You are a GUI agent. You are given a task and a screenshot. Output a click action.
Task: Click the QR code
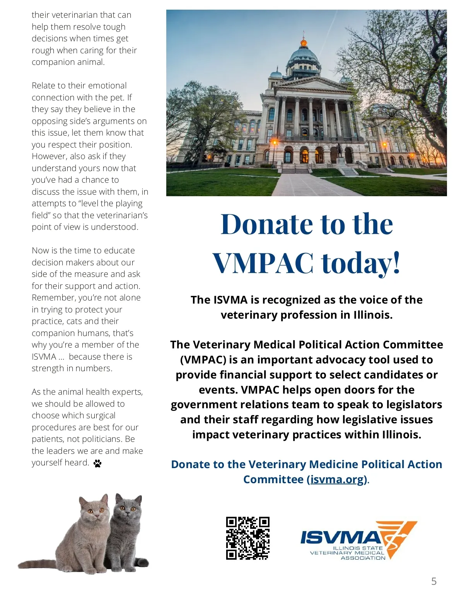coord(247,538)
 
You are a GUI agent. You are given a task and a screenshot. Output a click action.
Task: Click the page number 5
coord(434,581)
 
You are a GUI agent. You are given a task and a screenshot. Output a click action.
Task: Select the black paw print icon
coord(97,463)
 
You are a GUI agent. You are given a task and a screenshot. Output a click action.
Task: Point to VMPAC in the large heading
coord(263,263)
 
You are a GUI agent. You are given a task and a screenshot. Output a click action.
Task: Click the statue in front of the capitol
coord(339,150)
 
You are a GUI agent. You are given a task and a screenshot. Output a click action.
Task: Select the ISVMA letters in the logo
coord(340,537)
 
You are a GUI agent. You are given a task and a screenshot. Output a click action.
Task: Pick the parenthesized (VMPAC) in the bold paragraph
coord(203,360)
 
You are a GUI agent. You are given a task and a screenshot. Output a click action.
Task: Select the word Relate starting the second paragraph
coord(43,86)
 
